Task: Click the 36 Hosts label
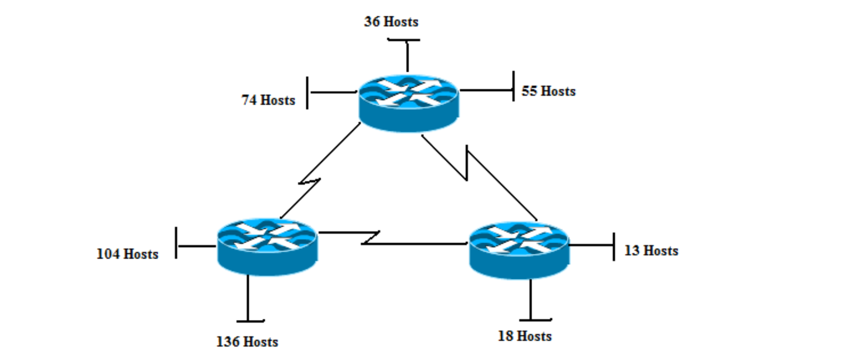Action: point(391,22)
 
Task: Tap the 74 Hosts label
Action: point(268,100)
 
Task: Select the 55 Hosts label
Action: point(548,91)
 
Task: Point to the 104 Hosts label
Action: point(127,254)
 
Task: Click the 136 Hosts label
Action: point(247,342)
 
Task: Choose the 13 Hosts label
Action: point(651,251)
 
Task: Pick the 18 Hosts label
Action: point(524,336)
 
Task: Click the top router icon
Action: point(408,103)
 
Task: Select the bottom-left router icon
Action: point(267,246)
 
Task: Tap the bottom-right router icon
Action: point(519,249)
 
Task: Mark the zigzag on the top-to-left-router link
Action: point(309,182)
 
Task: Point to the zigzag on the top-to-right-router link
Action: point(466,163)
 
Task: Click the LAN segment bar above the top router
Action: point(403,39)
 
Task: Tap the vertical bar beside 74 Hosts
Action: point(307,93)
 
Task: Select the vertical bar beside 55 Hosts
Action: point(513,86)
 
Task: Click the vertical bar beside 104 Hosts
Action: point(176,243)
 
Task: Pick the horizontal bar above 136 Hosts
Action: point(250,321)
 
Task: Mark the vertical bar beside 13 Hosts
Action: point(614,246)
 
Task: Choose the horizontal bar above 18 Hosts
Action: point(535,319)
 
